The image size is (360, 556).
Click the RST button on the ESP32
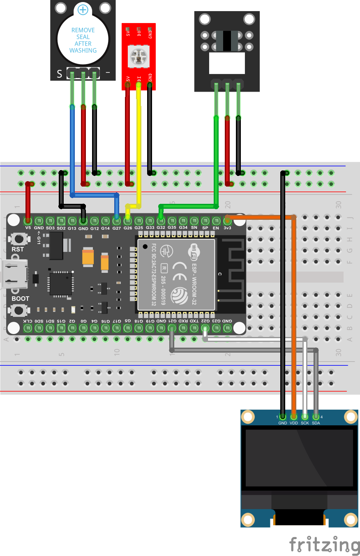pos(18,238)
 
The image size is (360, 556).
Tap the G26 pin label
pos(128,228)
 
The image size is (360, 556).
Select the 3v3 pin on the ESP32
pos(227,220)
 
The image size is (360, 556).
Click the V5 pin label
pos(28,228)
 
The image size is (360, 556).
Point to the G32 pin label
pos(161,228)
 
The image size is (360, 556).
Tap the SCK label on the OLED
pos(305,423)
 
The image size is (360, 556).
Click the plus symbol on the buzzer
pos(83,10)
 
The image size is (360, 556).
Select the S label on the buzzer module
pos(59,74)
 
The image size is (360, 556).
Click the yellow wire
pos(139,144)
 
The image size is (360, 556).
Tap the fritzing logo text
pos(324,544)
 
